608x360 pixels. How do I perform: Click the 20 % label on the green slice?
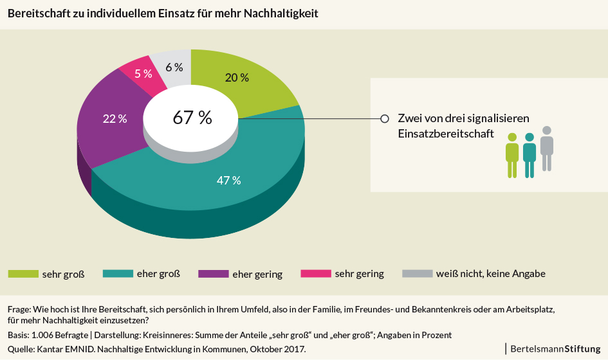[237, 78]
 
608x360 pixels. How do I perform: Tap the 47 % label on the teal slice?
[228, 180]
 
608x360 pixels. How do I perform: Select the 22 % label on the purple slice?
[115, 118]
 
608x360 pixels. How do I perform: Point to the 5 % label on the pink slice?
[143, 73]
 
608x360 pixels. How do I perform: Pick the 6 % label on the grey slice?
[174, 67]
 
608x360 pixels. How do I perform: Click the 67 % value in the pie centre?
[192, 118]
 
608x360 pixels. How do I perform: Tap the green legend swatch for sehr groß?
[23, 274]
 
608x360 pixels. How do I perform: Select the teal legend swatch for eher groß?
[118, 274]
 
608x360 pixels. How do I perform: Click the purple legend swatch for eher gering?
[212, 274]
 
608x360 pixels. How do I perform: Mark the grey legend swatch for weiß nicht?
[417, 274]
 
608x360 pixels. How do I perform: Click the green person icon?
[512, 155]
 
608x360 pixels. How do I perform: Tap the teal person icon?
[530, 155]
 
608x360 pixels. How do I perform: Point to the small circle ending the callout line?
[385, 118]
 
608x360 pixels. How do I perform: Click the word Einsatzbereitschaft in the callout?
[446, 134]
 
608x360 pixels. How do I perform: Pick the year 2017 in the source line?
[294, 348]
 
